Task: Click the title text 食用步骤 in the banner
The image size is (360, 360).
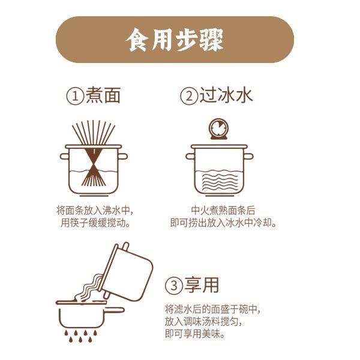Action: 174,40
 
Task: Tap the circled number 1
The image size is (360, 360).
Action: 75,97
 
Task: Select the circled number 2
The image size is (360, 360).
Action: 189,97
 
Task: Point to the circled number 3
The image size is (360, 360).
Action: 174,286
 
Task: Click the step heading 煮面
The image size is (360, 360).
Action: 103,95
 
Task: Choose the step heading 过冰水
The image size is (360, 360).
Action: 226,95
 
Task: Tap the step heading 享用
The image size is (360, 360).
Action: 202,285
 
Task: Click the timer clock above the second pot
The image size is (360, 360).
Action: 218,129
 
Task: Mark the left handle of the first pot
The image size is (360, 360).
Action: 64,157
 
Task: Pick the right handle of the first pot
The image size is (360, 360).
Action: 122,157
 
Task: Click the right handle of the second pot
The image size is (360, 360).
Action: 248,157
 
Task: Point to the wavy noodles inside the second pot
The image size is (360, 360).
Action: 219,182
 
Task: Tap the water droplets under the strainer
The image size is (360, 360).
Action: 80,337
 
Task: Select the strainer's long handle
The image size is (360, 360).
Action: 115,310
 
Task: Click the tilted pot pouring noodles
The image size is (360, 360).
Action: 127,272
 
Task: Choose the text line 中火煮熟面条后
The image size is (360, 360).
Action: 223,211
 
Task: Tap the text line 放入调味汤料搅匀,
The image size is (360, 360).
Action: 203,322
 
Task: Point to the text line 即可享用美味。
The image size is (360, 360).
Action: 194,334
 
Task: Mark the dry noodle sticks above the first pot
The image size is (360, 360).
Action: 94,133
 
